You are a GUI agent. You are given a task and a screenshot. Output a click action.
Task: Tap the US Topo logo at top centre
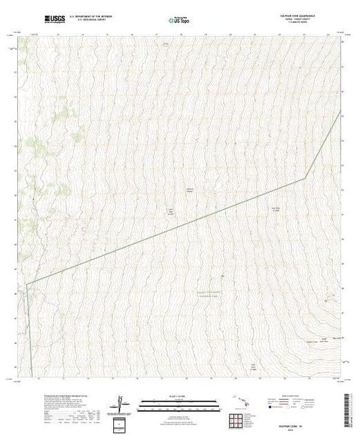pyautogui.click(x=179, y=17)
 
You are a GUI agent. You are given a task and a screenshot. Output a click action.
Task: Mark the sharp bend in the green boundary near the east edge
pyautogui.click(x=305, y=179)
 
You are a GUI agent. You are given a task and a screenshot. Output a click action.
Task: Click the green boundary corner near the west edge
pyautogui.click(x=27, y=284)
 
